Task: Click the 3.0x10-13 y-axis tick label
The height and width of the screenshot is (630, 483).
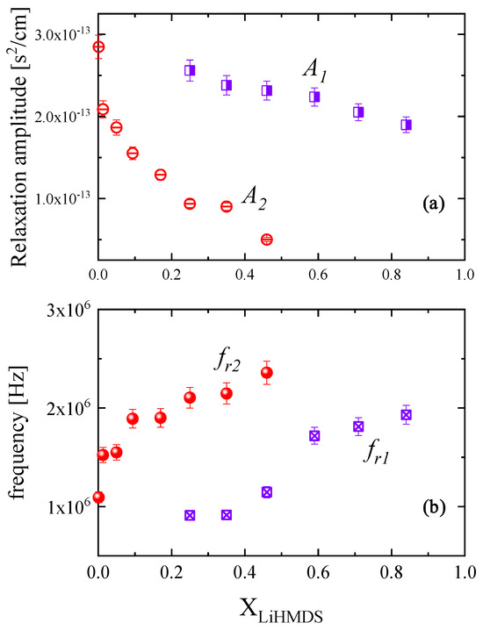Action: (x=57, y=34)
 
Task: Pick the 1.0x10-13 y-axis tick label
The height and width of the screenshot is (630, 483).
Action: (x=57, y=198)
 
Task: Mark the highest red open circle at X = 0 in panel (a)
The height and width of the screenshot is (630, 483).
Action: (x=99, y=47)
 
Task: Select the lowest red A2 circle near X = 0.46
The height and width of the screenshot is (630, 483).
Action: (x=267, y=240)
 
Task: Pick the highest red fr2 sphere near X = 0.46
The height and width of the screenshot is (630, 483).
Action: (x=267, y=373)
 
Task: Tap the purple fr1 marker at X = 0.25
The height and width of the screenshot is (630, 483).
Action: (x=190, y=515)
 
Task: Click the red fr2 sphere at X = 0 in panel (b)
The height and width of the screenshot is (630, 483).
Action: (x=99, y=498)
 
